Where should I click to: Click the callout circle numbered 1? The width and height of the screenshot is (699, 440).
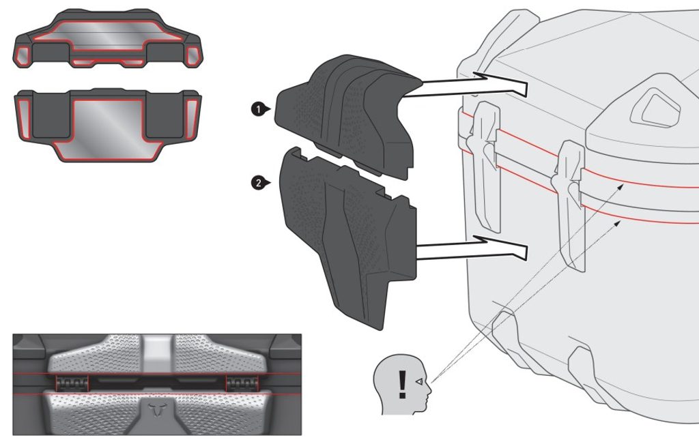coord(258,109)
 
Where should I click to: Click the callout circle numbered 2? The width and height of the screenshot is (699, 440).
coord(258,183)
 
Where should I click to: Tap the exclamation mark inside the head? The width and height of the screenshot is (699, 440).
coord(403,385)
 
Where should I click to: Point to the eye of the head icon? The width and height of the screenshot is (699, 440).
coord(419,381)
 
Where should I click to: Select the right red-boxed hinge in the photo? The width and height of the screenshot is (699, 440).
coord(243,383)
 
